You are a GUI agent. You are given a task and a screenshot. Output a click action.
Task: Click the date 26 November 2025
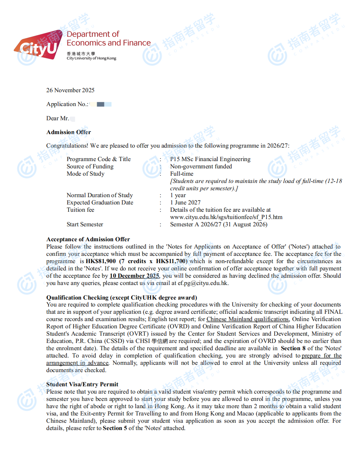click(70, 90)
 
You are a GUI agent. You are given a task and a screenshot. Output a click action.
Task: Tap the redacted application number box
click(101, 104)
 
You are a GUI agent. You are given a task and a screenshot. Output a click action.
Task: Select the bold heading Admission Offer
click(69, 132)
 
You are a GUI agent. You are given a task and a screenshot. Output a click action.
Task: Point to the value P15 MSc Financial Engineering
click(210, 159)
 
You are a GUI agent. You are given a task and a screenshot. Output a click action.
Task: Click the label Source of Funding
click(90, 167)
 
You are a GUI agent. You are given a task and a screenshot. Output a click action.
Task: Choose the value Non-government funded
click(201, 167)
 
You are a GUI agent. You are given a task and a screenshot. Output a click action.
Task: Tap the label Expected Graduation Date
click(100, 203)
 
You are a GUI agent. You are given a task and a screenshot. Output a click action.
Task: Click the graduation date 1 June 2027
click(185, 203)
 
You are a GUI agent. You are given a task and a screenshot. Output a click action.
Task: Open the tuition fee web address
click(226, 217)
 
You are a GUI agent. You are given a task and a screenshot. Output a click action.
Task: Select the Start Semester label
click(85, 224)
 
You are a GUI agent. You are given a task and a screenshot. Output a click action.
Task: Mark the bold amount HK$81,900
click(101, 261)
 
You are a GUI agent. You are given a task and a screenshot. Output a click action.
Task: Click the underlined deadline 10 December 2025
click(134, 276)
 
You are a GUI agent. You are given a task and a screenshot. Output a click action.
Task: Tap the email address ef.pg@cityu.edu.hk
click(203, 283)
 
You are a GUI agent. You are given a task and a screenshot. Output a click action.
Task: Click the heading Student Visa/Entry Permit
click(82, 384)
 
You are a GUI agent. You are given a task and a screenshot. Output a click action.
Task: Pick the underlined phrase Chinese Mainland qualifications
click(248, 319)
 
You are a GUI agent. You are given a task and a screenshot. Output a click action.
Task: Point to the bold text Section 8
click(293, 348)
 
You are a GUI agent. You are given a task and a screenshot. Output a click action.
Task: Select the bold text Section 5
click(115, 428)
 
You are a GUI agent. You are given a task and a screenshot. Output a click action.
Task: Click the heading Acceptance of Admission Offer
click(88, 239)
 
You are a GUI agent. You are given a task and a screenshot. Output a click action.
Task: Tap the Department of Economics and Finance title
click(109, 39)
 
